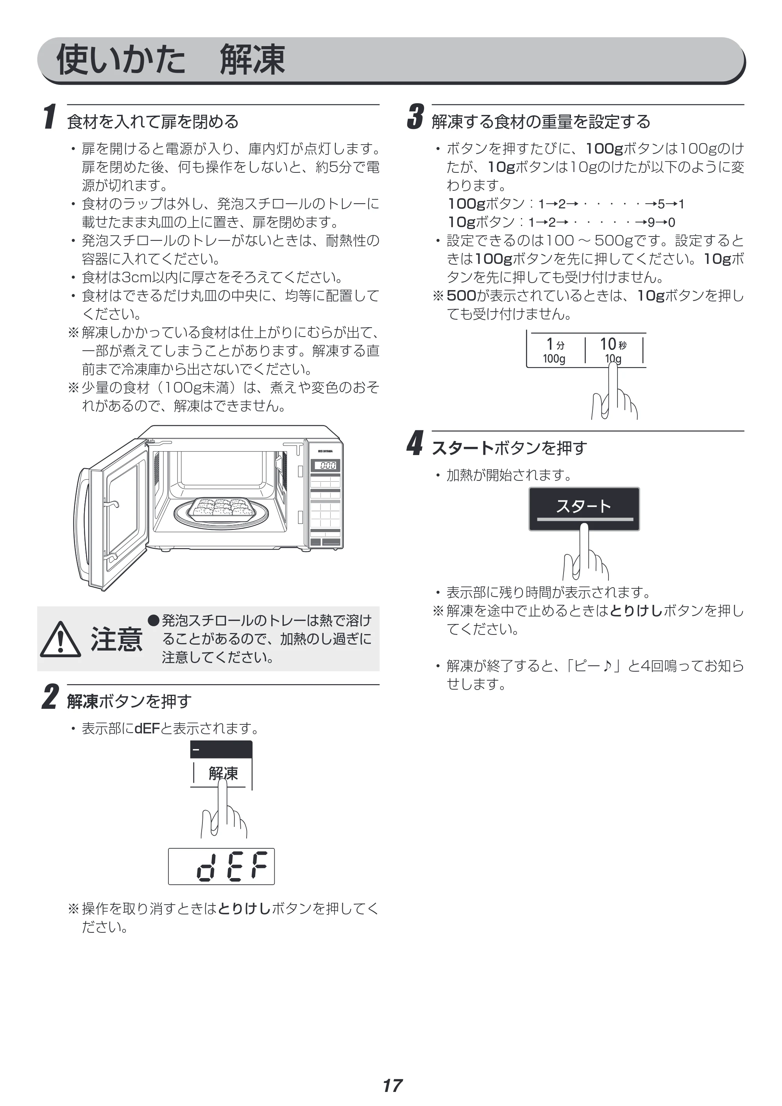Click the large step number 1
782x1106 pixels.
coord(49,117)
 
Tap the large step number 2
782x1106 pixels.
coord(50,697)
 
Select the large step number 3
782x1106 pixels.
coord(415,117)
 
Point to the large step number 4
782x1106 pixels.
coord(415,443)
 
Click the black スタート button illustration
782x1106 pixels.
coord(584,509)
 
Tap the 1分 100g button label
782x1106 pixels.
coord(555,351)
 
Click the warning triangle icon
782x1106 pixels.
coord(60,639)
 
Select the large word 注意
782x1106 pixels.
coord(116,640)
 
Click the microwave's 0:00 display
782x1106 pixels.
coord(327,465)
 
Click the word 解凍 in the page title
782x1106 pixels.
coord(253,60)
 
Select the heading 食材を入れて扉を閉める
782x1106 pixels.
coord(153,122)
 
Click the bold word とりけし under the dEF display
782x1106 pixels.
coord(245,909)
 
